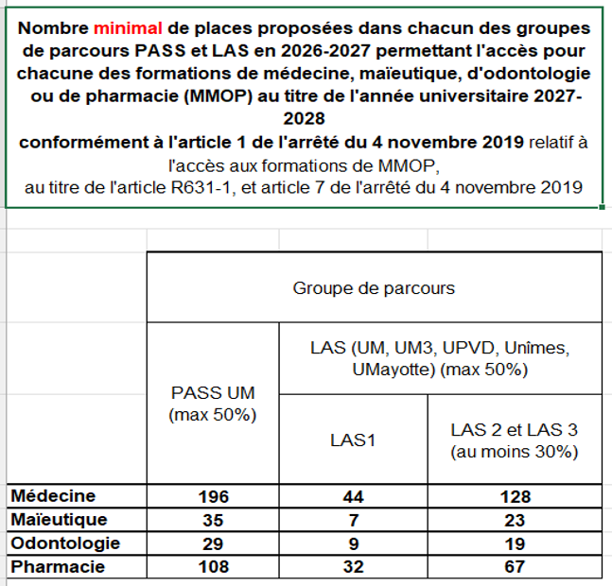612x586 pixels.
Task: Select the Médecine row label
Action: click(x=53, y=496)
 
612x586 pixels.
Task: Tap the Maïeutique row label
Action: click(x=60, y=520)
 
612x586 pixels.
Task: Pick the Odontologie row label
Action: click(x=62, y=543)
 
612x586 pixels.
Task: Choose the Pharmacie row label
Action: click(x=58, y=567)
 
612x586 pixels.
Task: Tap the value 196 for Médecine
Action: click(x=212, y=496)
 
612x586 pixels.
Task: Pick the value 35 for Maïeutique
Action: click(x=212, y=520)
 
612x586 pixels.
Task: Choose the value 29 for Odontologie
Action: click(x=212, y=543)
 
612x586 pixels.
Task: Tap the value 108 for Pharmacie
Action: click(x=212, y=567)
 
